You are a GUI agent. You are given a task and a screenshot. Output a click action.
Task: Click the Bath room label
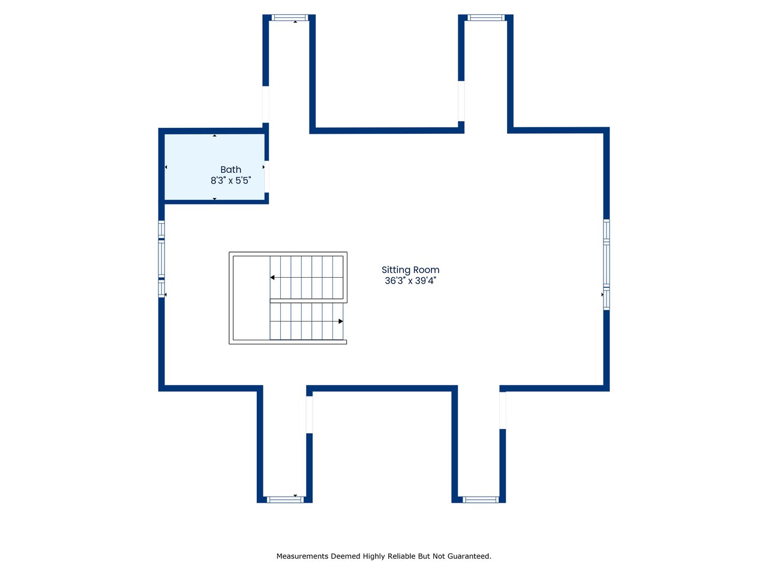pos(230,170)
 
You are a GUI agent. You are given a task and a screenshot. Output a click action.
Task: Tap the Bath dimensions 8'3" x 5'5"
pos(230,181)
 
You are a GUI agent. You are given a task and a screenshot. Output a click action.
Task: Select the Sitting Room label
pos(410,270)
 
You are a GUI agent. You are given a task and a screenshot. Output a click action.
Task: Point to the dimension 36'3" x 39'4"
pos(410,281)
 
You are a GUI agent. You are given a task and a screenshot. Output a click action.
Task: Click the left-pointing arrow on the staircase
pos(272,277)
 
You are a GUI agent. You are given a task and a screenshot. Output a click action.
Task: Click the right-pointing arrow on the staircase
pos(340,321)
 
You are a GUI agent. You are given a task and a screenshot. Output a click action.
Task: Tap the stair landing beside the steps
pos(251,298)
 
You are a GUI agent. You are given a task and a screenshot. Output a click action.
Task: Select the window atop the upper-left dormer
pos(290,17)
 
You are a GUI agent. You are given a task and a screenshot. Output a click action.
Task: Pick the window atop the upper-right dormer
pos(486,17)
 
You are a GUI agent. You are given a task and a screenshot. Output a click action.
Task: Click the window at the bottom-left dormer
pos(285,499)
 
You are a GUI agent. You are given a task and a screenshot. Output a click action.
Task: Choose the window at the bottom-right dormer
pos(481,499)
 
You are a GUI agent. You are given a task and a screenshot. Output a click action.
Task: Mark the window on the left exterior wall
pos(161,259)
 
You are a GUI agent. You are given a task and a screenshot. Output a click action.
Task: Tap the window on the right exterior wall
pos(607,265)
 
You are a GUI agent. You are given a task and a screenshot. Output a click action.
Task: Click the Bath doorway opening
pos(266,176)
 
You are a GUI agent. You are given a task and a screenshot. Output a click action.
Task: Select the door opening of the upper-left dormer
pos(266,104)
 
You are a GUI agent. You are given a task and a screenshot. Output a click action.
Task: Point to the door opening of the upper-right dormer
pos(461,101)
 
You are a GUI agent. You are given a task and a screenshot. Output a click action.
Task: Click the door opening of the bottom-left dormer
pos(309,415)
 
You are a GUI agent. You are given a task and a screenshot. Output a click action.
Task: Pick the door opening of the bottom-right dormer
pos(502,410)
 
